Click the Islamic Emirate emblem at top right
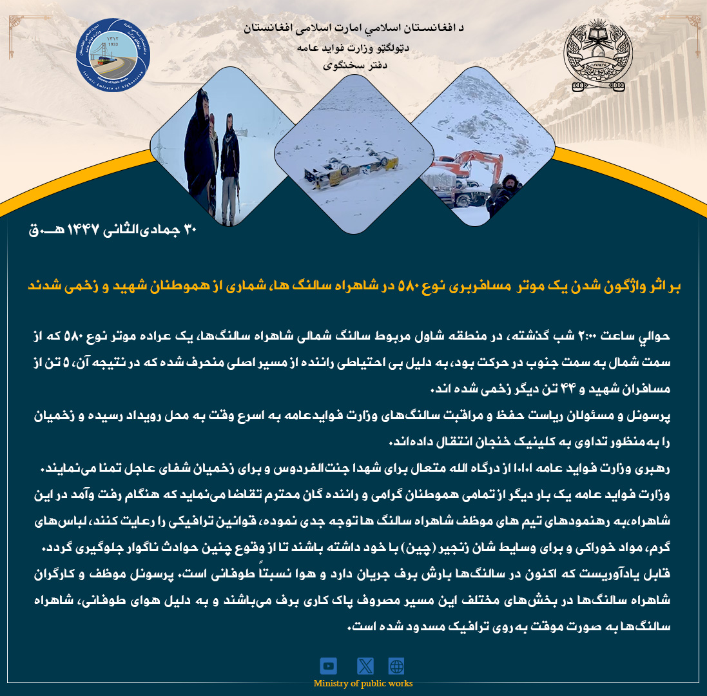click(594, 55)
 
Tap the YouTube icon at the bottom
click(329, 666)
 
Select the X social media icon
click(365, 666)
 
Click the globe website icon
click(396, 666)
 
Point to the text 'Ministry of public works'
click(363, 683)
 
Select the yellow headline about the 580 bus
click(354, 286)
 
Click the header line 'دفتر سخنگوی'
click(353, 65)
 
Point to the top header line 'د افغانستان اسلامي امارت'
click(353, 29)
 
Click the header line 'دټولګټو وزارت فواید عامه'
click(353, 48)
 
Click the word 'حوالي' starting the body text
click(657, 336)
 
